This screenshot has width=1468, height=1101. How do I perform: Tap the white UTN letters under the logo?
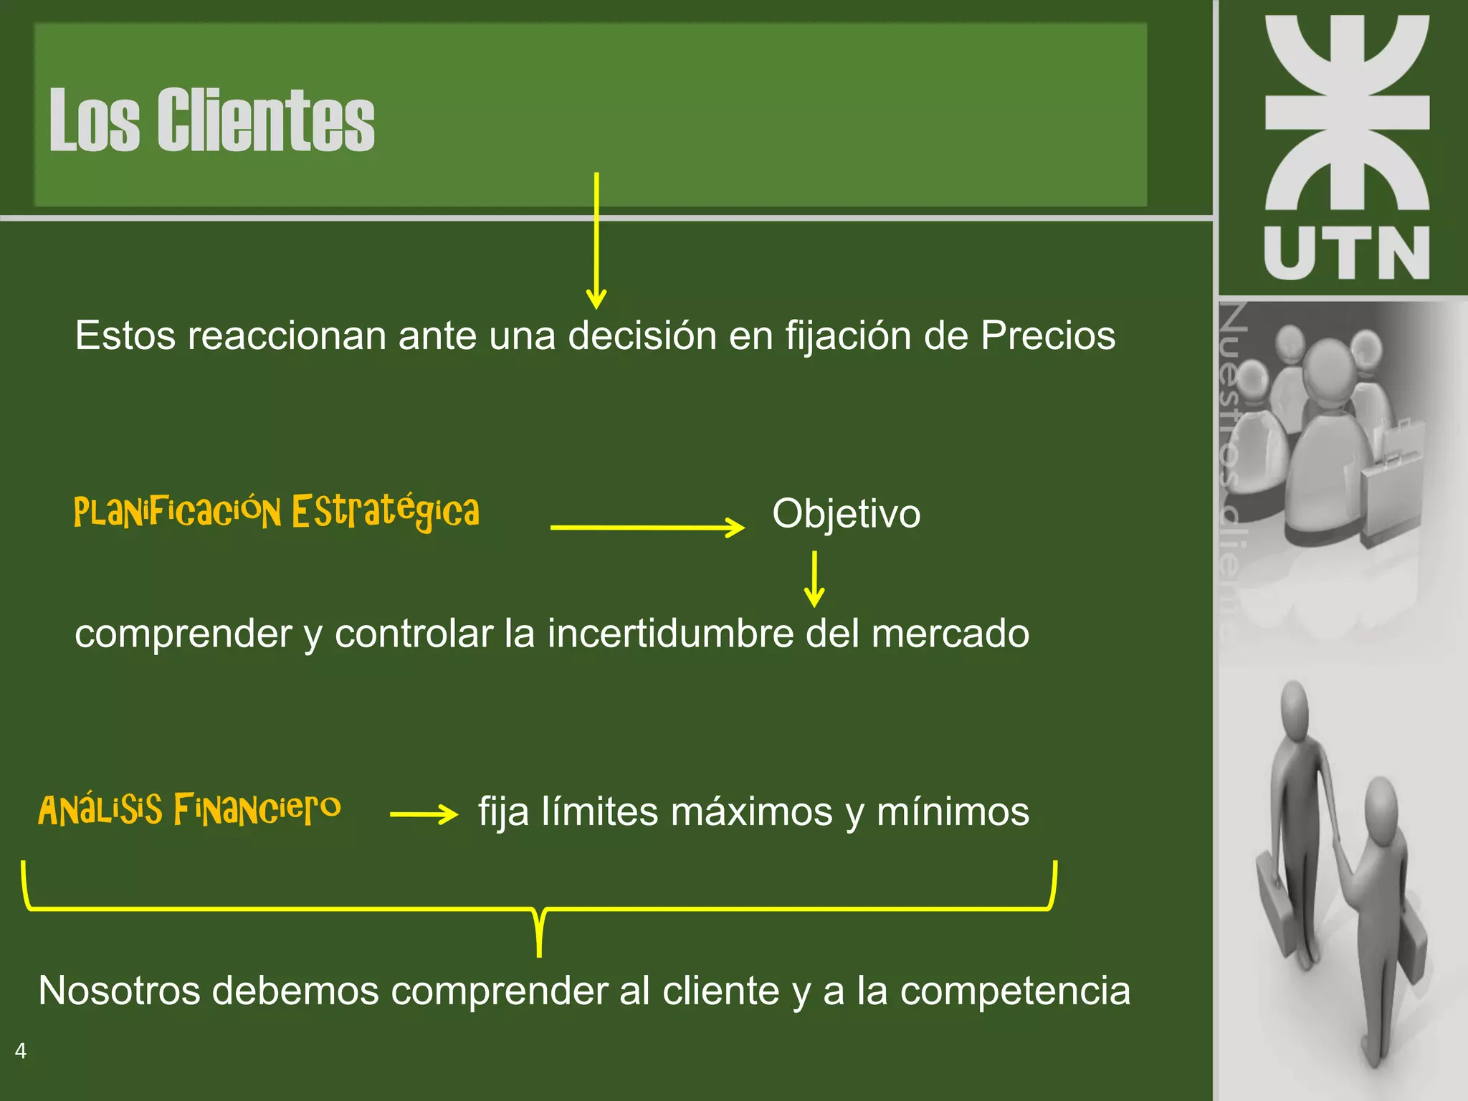click(1346, 252)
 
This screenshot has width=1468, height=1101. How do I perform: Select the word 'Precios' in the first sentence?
click(1048, 335)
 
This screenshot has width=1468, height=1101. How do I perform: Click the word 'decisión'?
click(642, 335)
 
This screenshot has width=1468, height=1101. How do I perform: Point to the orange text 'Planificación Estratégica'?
click(277, 512)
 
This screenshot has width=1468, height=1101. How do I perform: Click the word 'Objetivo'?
click(846, 514)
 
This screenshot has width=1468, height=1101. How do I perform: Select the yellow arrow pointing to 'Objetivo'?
click(647, 528)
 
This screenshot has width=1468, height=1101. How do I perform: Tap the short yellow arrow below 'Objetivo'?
click(814, 579)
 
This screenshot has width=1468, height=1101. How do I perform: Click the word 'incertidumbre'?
click(670, 634)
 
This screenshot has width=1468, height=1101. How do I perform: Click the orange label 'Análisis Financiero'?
click(189, 810)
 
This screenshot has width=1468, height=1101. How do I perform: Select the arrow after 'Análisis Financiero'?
click(424, 814)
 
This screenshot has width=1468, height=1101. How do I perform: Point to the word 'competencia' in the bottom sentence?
click(1015, 991)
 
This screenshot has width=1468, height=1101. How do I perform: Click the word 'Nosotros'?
click(119, 991)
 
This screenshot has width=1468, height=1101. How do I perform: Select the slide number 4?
click(21, 1051)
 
